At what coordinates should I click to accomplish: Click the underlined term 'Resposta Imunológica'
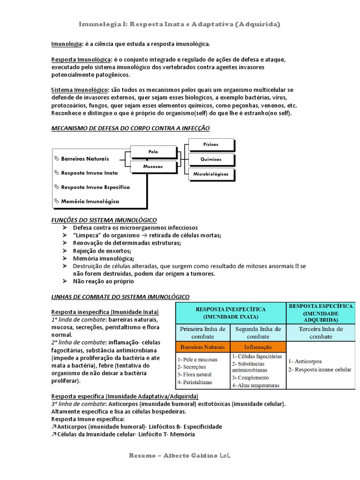(x=81, y=60)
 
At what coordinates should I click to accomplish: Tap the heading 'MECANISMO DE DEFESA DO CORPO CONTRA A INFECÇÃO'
(x=130, y=128)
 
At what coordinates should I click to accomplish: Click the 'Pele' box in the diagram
(x=153, y=152)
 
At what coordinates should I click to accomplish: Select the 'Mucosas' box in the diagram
(x=153, y=166)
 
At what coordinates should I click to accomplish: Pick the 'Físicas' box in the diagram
(x=210, y=144)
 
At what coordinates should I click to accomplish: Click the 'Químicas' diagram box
(x=210, y=159)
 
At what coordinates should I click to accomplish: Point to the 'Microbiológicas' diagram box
(x=210, y=174)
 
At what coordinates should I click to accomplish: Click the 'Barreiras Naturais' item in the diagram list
(x=84, y=159)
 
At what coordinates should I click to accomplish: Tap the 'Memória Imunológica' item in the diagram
(x=90, y=201)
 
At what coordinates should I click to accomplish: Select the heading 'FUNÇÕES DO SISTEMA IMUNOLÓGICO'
(x=104, y=220)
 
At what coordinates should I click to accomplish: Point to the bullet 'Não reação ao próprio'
(x=103, y=281)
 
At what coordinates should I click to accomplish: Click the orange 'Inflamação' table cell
(x=258, y=347)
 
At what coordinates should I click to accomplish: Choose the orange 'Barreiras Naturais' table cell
(x=203, y=347)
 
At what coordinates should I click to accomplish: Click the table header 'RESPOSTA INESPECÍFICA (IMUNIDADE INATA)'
(x=230, y=313)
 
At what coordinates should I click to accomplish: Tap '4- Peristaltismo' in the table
(x=195, y=382)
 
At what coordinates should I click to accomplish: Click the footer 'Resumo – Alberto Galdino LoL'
(x=180, y=456)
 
